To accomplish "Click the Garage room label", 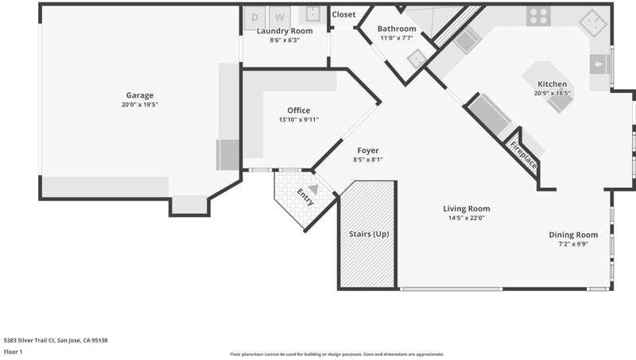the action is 140,95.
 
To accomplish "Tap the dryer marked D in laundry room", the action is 254,17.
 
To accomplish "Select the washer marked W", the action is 280,17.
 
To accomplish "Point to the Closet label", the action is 343,14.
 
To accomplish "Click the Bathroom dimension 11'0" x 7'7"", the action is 397,38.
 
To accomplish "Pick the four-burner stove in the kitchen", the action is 538,16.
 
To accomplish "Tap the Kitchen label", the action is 552,84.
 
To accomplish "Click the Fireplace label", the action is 524,155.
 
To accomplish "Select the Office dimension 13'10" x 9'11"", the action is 299,119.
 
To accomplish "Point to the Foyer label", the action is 368,150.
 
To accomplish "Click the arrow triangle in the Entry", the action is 313,189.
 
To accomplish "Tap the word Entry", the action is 305,197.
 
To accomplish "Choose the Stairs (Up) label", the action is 369,234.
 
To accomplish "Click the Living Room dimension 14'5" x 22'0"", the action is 467,218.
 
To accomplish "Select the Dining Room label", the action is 573,234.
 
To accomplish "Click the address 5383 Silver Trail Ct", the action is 29,341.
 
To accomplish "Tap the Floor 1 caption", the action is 13,352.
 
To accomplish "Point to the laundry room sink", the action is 312,14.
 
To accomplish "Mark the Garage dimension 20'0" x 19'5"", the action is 140,105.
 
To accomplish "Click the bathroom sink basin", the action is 416,59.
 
